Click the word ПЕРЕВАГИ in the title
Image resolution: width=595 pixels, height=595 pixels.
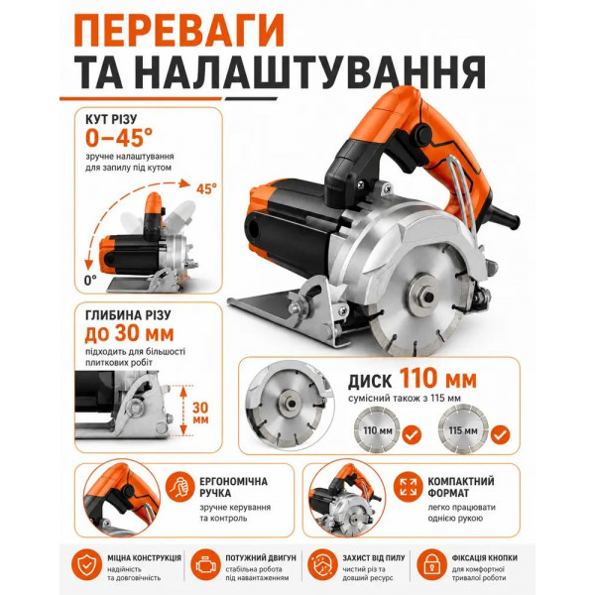[x=178, y=31]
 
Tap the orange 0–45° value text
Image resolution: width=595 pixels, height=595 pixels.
[x=119, y=138]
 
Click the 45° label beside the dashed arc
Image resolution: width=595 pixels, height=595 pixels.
[x=206, y=188]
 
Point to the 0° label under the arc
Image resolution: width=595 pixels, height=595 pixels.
[x=90, y=280]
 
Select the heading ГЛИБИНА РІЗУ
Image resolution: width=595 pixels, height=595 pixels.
[x=128, y=315]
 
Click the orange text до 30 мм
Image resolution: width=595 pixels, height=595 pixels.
[x=129, y=334]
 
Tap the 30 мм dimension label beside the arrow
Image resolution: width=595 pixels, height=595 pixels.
[x=200, y=413]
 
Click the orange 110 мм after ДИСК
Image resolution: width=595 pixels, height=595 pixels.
[x=438, y=379]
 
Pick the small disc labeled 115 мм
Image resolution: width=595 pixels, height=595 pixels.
[x=463, y=430]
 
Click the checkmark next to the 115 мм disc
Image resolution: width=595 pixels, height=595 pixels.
[x=500, y=434]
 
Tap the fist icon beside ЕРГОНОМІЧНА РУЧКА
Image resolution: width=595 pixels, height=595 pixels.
[x=180, y=487]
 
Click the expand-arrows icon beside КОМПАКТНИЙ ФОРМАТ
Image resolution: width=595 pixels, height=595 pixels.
[x=408, y=487]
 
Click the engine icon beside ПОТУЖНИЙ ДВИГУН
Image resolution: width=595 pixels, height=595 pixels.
[x=205, y=565]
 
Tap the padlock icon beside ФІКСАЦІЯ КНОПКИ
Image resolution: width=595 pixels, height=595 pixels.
[x=431, y=565]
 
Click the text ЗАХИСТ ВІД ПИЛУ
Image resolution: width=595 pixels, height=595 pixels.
[x=374, y=557]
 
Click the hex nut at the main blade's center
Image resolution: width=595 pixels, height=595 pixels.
[x=428, y=297]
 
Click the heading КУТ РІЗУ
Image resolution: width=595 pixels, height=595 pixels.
[x=111, y=119]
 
